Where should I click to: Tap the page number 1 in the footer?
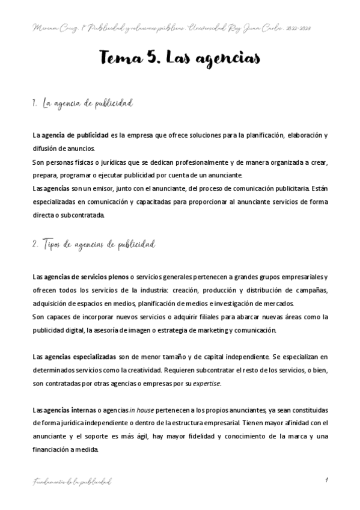coord(325,481)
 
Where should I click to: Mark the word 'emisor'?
coord(88,189)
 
